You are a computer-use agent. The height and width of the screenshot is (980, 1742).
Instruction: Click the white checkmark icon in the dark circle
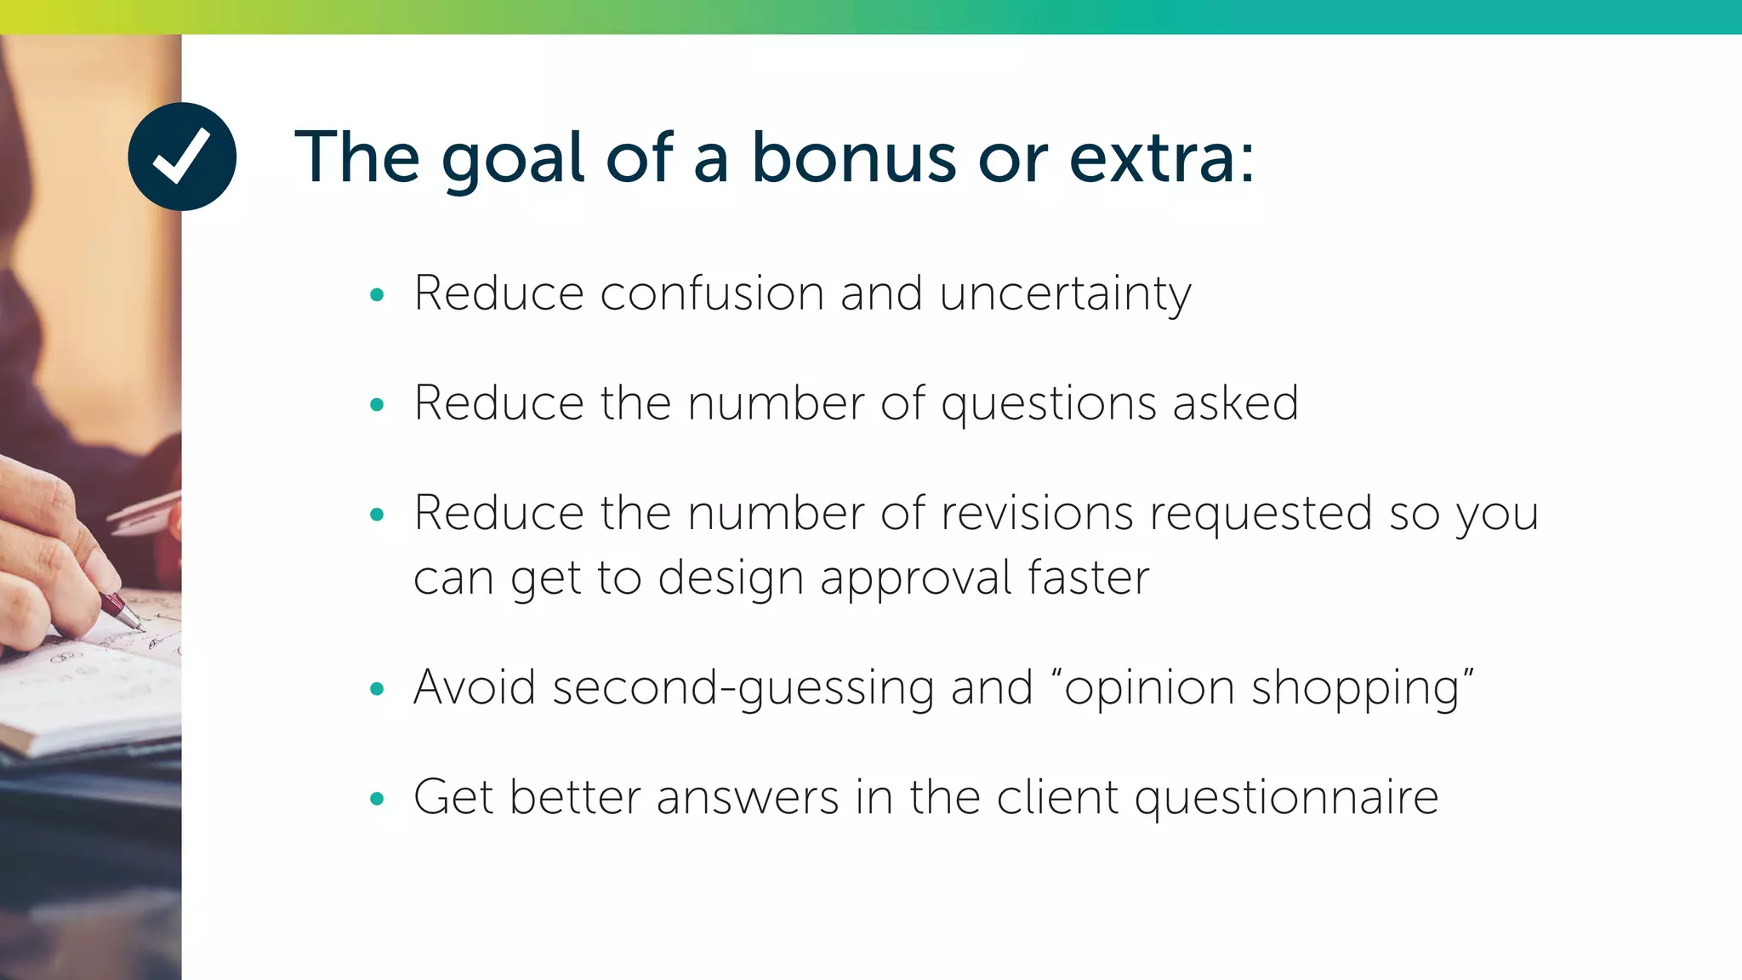(181, 156)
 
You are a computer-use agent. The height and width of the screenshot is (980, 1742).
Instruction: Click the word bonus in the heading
(853, 157)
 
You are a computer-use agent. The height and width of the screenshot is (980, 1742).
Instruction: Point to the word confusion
(712, 293)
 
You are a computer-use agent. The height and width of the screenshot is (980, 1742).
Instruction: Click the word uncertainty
(1065, 295)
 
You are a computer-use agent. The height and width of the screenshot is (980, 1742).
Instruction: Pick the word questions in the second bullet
(1048, 404)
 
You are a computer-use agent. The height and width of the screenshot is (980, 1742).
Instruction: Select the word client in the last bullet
(1057, 797)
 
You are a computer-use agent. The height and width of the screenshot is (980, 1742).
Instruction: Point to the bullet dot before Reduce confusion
(378, 295)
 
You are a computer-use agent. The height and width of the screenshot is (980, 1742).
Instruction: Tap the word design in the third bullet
(731, 580)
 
